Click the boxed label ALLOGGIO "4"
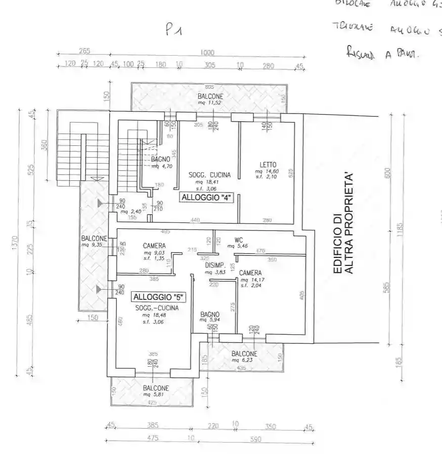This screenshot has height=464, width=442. (206, 198)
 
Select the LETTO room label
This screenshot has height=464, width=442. (268, 165)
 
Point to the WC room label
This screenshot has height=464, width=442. (239, 240)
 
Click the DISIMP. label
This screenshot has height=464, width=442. (215, 265)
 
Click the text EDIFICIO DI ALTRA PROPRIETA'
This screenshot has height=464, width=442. (342, 223)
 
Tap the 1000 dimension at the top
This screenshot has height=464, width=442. (207, 53)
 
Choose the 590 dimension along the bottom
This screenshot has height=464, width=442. (255, 440)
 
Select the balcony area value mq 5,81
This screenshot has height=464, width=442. (155, 395)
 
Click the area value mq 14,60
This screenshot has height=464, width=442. (266, 172)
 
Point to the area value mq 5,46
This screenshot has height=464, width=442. (236, 246)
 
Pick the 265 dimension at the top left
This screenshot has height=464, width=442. (84, 51)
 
